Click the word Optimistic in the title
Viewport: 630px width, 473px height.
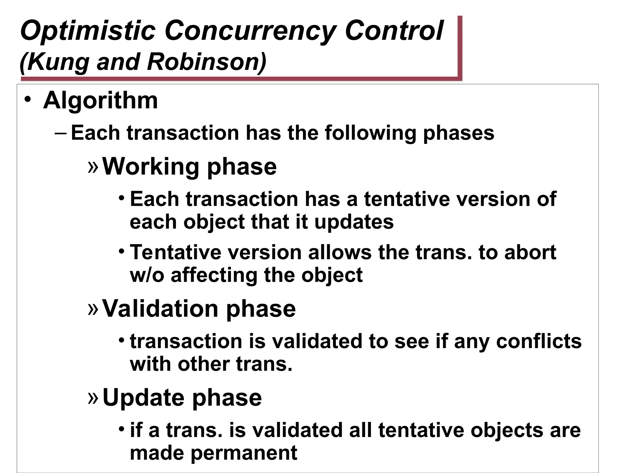tap(88, 31)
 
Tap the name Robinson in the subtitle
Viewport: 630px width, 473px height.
tap(203, 62)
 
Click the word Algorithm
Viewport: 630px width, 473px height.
tap(100, 101)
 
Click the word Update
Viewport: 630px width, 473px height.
tap(143, 398)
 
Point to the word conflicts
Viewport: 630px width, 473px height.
tap(539, 342)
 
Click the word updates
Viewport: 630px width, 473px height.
tap(353, 222)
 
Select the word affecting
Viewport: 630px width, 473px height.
tap(214, 275)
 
